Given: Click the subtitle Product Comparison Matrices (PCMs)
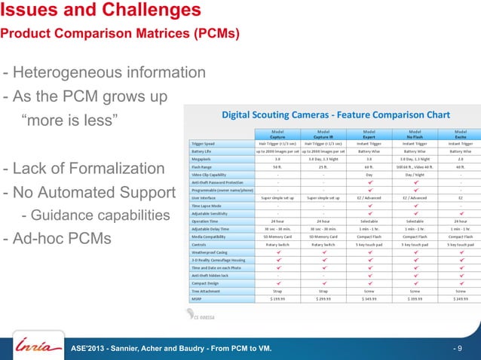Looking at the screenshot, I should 120,34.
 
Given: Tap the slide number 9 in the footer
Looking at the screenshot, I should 459,349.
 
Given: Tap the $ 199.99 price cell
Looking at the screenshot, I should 277,297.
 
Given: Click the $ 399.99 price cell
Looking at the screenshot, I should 415,297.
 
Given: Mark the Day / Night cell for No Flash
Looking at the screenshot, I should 415,175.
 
